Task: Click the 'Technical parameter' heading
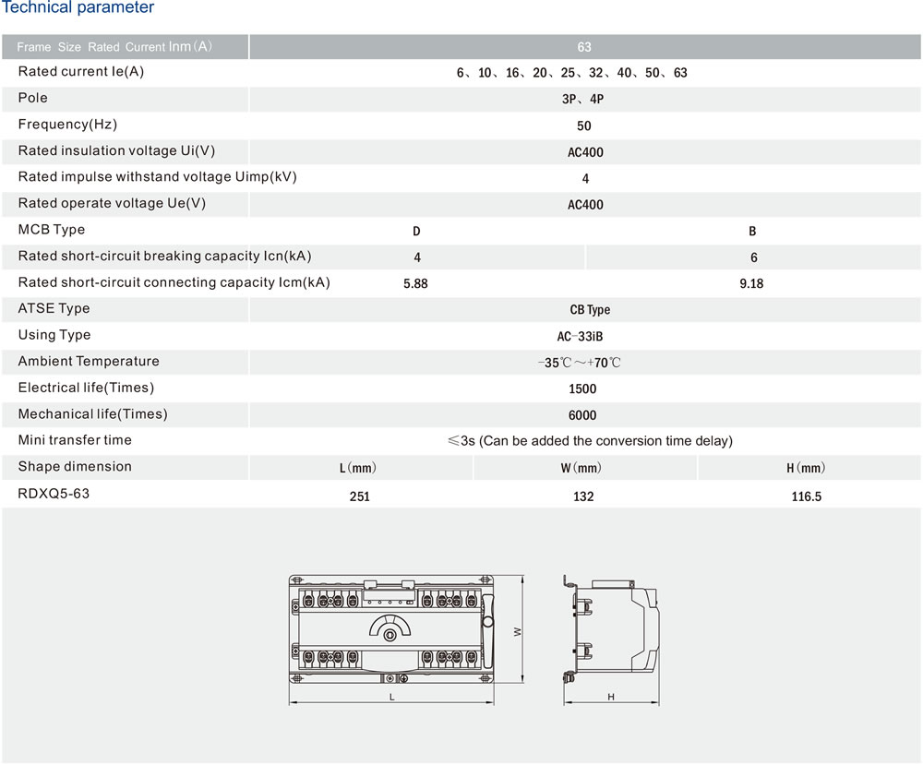(78, 7)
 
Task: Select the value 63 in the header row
(584, 47)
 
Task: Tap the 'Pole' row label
(33, 98)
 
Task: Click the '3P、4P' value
(582, 99)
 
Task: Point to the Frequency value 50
(584, 126)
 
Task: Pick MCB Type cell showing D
(417, 232)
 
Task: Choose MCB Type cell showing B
(752, 232)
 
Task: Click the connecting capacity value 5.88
(415, 283)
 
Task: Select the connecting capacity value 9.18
(751, 283)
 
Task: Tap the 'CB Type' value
(590, 310)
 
